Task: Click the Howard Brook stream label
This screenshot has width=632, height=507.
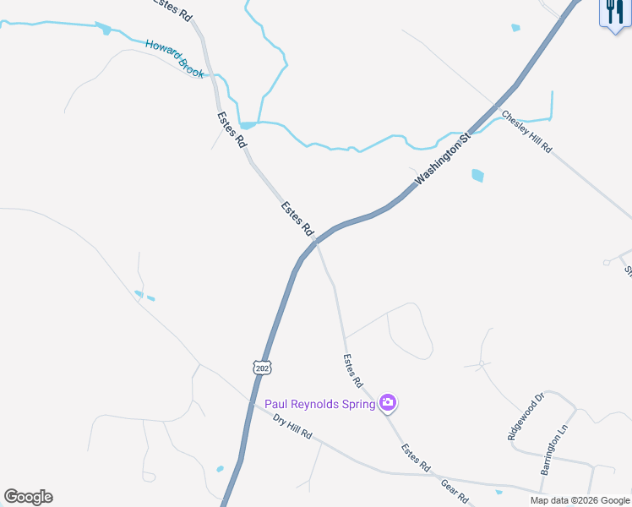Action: coord(174,58)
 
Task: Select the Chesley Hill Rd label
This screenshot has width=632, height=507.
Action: coord(526,132)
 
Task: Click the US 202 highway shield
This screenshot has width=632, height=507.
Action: coord(261,367)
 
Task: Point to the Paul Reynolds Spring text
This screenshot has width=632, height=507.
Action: coord(319,404)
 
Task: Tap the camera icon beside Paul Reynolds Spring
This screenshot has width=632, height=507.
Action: coord(388,403)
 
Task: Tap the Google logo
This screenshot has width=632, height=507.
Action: coord(29,497)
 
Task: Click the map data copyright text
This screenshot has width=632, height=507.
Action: coord(580,500)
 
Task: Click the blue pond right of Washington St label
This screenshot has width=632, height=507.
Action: coord(477,176)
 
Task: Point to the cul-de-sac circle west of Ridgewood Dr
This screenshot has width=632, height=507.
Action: coord(480,363)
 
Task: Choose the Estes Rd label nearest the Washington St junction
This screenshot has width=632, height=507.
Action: coord(297,218)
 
